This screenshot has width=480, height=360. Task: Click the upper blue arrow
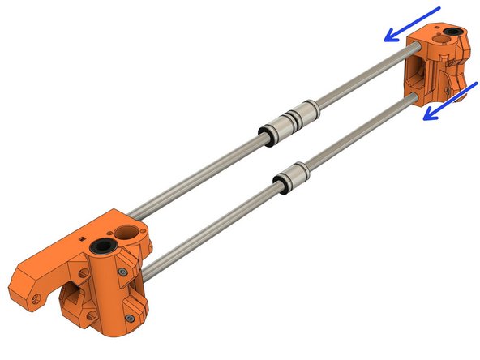(412, 24)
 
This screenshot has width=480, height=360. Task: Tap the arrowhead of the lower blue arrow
(426, 115)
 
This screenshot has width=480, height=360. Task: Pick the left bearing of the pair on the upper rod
(273, 130)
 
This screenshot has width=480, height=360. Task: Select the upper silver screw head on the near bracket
(122, 273)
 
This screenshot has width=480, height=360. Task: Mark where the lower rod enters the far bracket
(414, 98)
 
